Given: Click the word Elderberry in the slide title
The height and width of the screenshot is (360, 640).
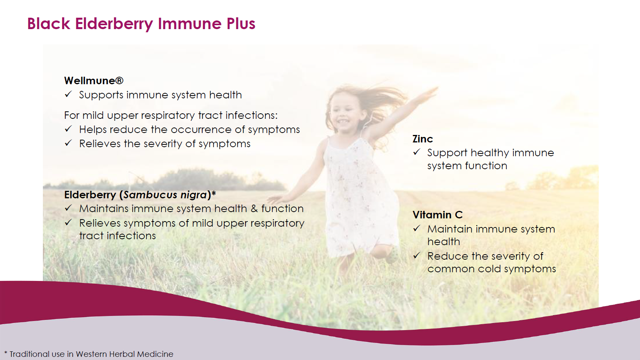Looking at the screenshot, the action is tap(114, 24).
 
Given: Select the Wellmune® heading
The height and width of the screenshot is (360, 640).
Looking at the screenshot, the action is tap(94, 81).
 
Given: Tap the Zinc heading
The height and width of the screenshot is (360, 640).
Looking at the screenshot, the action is tap(422, 139).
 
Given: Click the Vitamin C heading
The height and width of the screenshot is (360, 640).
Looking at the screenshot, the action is tap(437, 215).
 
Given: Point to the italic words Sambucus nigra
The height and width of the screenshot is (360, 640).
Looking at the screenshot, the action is tap(165, 195).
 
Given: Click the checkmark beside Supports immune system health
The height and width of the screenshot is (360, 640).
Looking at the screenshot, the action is tap(68, 94).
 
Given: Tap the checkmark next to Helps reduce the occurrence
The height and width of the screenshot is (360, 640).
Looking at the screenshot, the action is tap(68, 129).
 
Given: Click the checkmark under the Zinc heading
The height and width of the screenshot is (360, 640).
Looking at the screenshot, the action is tap(417, 152).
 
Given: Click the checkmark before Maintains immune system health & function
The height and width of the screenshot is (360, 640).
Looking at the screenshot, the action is tap(68, 208).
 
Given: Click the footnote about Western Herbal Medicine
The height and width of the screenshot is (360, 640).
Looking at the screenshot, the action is tap(89, 354).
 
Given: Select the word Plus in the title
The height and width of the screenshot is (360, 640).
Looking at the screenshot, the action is tap(241, 24).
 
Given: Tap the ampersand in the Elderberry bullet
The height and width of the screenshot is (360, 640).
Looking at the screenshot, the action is tap(254, 209).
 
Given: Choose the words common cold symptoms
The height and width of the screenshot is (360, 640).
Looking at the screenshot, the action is tap(492, 269).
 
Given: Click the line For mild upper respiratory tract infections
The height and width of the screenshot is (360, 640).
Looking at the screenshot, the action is tap(171, 115).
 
